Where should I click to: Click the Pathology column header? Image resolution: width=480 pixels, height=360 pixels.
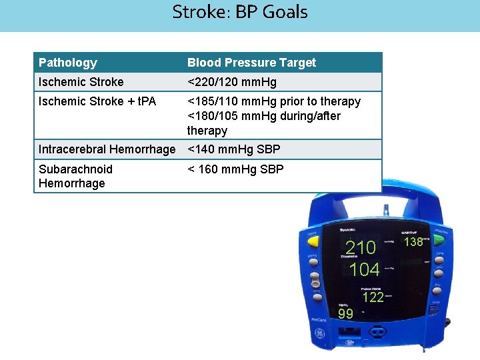[x=68, y=63]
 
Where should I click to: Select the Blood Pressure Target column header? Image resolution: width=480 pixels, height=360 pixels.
[x=251, y=63]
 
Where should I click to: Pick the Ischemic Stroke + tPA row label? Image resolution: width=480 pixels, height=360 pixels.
[x=97, y=101]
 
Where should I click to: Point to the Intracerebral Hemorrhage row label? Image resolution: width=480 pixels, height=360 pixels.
[x=107, y=149]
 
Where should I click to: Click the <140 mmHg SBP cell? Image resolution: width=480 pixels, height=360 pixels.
[x=233, y=149]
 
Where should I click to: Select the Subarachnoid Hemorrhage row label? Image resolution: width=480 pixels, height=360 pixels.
[x=75, y=176]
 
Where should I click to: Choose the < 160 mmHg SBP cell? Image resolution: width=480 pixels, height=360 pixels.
[x=235, y=169]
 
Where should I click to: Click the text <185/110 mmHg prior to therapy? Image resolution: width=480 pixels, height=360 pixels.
[x=274, y=101]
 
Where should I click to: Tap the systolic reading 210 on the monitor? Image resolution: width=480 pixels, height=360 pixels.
[x=361, y=248]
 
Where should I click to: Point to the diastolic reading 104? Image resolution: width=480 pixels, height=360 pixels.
[x=365, y=269]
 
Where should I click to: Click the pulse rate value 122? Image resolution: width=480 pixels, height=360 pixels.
[x=373, y=297]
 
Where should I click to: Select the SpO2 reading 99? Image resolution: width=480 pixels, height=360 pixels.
[x=345, y=314]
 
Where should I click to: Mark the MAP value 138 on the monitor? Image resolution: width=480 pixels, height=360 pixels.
[x=414, y=242]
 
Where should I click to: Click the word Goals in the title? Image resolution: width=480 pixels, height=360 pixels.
[x=285, y=12]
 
